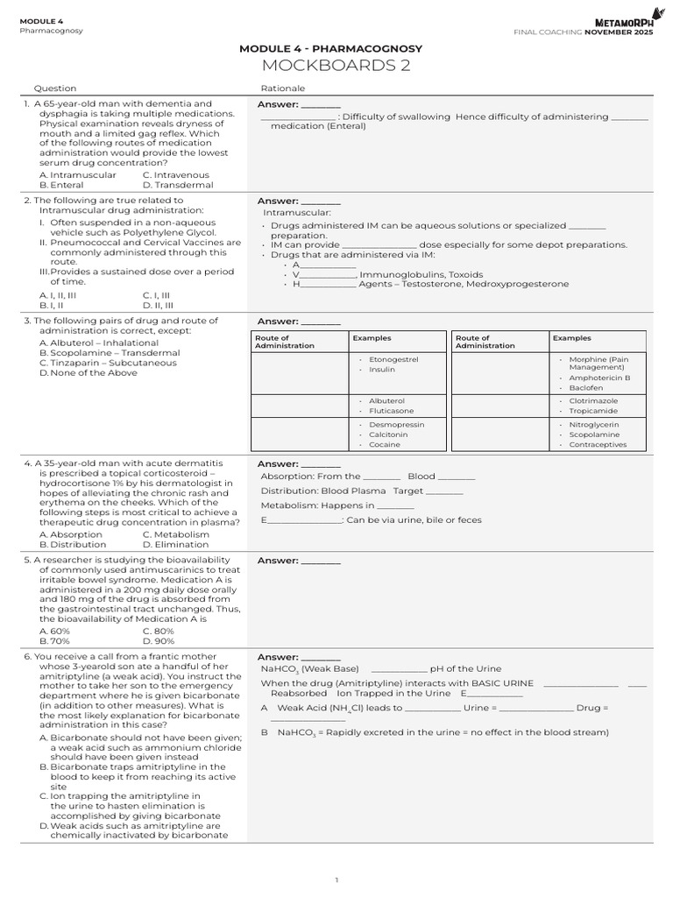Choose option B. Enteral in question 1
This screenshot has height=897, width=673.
point(61,185)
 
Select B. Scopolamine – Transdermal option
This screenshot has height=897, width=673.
point(109,352)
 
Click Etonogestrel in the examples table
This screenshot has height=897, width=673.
point(393,359)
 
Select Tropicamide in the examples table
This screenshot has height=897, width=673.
point(592,410)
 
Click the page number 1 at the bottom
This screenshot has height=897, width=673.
point(336,879)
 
